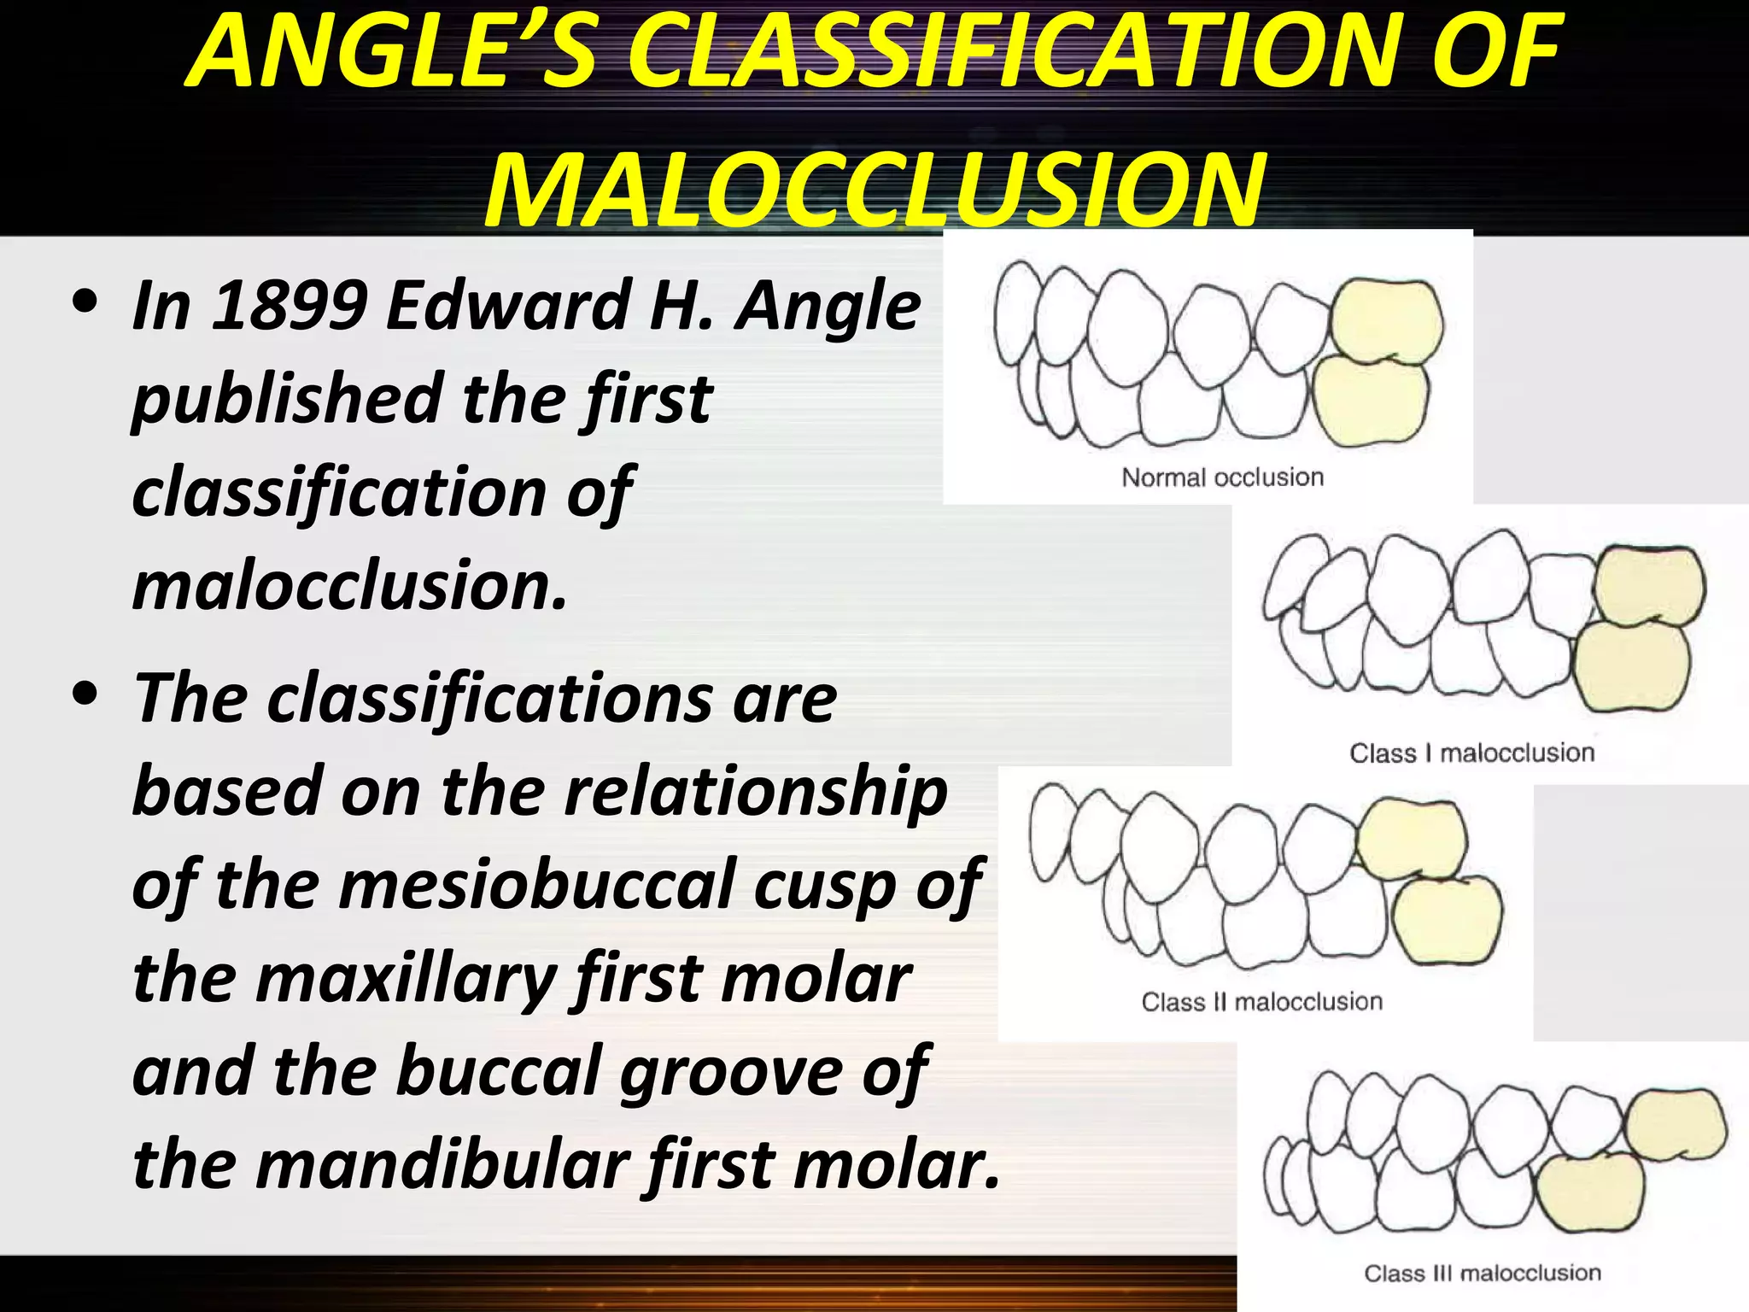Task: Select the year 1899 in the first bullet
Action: click(x=290, y=305)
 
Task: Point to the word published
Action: click(x=287, y=400)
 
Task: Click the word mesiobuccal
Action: click(x=538, y=885)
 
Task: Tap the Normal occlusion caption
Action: click(x=1222, y=477)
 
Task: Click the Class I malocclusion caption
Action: click(x=1471, y=753)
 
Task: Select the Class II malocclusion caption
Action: click(x=1261, y=1001)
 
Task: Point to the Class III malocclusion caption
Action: click(x=1482, y=1273)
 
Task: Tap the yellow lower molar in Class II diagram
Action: click(x=1446, y=921)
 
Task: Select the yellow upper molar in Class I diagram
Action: click(x=1648, y=586)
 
